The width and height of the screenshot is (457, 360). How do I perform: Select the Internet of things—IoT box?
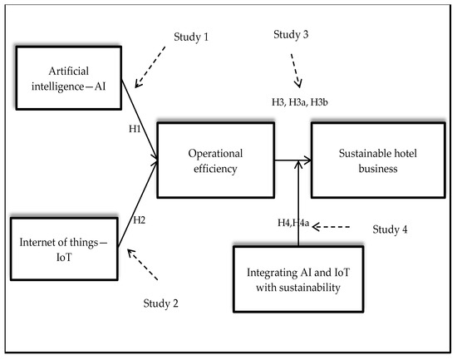click(x=65, y=248)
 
